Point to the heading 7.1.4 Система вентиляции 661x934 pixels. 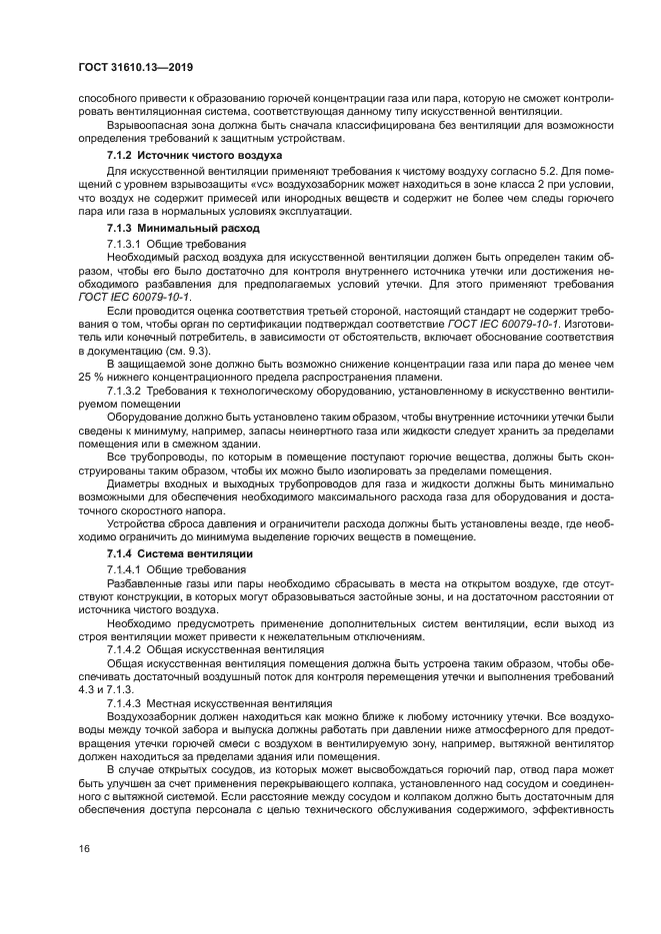[165, 553]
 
